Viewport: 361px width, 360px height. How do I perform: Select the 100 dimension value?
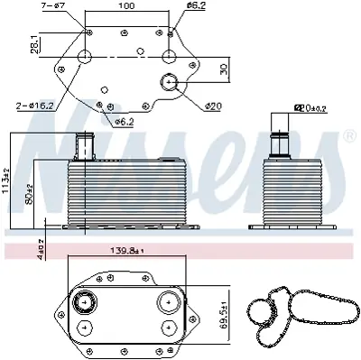128,6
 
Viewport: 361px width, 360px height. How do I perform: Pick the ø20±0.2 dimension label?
312,108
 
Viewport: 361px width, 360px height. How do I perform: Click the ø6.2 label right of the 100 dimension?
198,7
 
